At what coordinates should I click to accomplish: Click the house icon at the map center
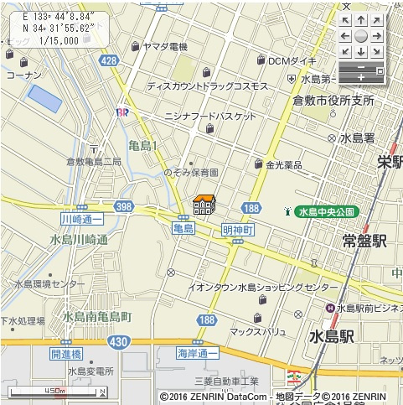(x=204, y=205)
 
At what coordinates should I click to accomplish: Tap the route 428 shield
(x=108, y=61)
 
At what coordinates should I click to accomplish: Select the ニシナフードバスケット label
(x=210, y=117)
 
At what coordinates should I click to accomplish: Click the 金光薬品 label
(x=283, y=165)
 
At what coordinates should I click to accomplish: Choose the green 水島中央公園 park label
(x=326, y=212)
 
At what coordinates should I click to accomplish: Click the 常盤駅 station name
(x=364, y=241)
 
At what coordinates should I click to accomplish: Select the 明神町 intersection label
(x=238, y=229)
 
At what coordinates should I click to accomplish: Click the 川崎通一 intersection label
(x=81, y=218)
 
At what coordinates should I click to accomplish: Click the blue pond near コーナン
(x=44, y=99)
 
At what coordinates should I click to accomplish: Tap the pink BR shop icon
(x=122, y=112)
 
